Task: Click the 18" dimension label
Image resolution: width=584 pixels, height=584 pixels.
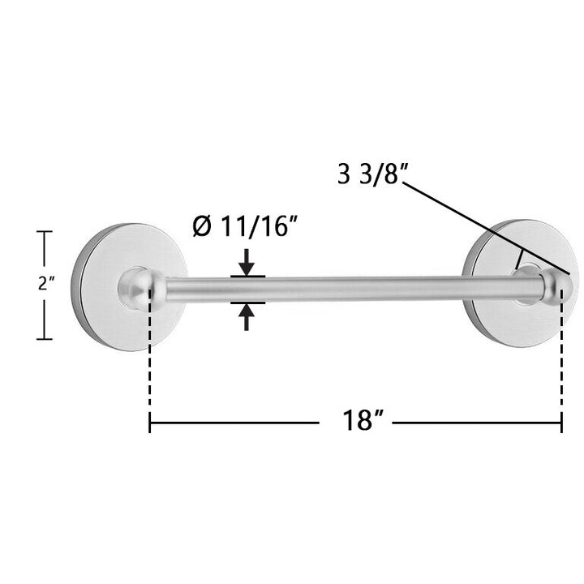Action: coord(363,420)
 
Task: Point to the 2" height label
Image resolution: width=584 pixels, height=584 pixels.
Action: coord(46,284)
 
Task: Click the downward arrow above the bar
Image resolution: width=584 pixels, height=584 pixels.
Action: coord(247,263)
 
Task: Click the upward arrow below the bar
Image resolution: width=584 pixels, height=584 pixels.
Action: coord(247,317)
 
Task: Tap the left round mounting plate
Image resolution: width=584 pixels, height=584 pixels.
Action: coord(129,287)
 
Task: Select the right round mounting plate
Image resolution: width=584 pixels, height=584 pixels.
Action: coord(520,283)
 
